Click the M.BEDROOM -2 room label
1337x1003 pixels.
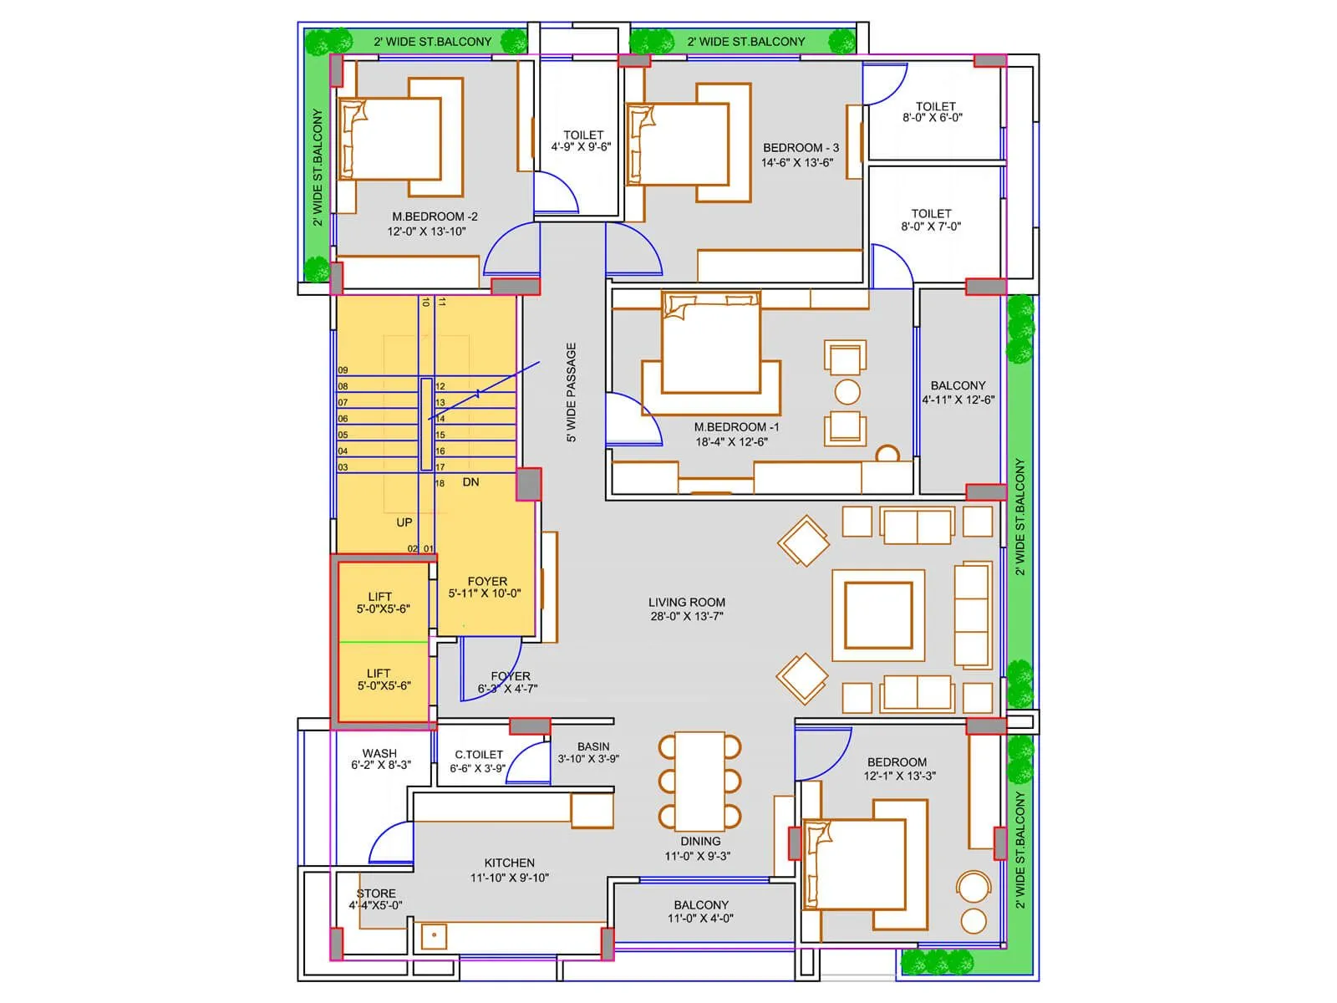pos(435,216)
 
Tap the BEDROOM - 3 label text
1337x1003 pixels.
pos(801,148)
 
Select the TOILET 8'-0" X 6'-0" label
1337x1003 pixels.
pos(933,112)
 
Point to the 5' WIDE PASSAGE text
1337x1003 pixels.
pos(572,392)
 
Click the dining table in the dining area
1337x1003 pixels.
pos(699,782)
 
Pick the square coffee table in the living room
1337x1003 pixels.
pos(877,614)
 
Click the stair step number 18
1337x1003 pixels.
pos(440,483)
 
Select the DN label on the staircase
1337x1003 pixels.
pos(470,482)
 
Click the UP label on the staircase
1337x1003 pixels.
pos(404,522)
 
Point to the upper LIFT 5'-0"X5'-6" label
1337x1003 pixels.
pos(382,603)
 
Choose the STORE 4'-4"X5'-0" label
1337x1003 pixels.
pos(376,899)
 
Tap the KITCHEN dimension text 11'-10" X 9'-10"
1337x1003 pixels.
pos(510,878)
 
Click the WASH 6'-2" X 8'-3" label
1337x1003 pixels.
pos(380,759)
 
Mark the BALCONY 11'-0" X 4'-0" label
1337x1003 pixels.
pos(701,911)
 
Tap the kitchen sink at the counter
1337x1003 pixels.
pos(434,935)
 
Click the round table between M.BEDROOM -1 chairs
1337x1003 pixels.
pos(847,392)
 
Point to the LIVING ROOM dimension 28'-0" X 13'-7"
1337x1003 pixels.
pos(687,617)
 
